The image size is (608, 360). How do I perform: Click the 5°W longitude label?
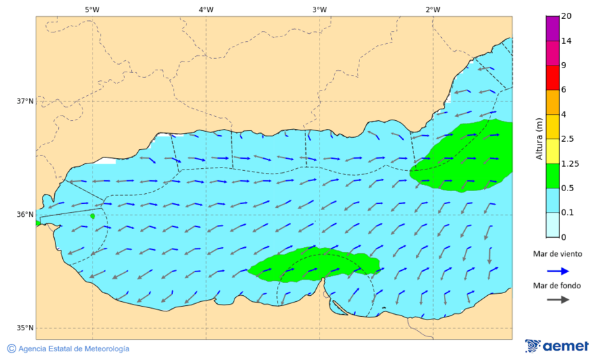click(93, 9)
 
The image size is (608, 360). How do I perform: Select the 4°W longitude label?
click(206, 9)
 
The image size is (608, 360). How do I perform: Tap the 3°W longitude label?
click(320, 9)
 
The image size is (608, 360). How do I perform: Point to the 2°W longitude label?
click(433, 9)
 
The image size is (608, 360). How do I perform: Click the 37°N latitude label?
click(25, 101)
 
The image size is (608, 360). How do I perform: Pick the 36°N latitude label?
click(25, 215)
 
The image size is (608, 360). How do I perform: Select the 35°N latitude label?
click(25, 328)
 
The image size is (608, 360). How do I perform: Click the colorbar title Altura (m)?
click(539, 138)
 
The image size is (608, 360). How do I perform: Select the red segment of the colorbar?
click(553, 78)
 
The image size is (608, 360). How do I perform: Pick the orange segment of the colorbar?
click(553, 102)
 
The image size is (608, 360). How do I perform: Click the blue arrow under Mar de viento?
click(557, 270)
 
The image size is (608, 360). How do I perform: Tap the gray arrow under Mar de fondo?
click(557, 300)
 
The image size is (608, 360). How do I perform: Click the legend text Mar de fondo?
click(557, 285)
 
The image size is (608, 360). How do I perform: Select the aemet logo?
click(557, 346)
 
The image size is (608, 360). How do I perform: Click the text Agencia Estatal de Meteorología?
click(74, 349)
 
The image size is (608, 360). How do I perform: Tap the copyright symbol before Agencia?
click(11, 349)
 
